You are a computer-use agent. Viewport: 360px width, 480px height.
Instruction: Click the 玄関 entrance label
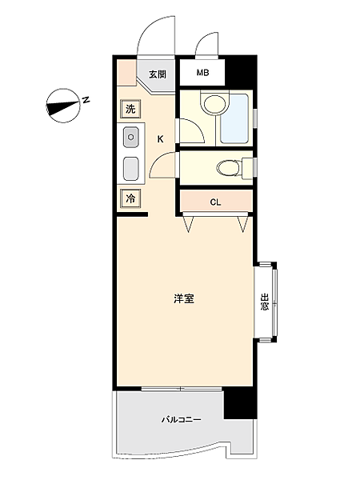click(x=157, y=75)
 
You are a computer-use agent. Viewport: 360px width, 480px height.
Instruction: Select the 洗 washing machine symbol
click(x=130, y=109)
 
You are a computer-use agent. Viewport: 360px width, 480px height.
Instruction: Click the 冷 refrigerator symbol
click(x=130, y=198)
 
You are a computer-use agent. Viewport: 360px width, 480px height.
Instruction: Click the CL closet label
click(x=215, y=202)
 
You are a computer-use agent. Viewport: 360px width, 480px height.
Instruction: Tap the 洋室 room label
click(x=184, y=299)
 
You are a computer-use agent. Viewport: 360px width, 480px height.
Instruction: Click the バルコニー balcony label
click(x=181, y=419)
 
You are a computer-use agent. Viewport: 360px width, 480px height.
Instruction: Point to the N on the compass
click(x=86, y=100)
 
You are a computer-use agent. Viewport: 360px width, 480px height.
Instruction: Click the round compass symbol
click(x=61, y=105)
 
